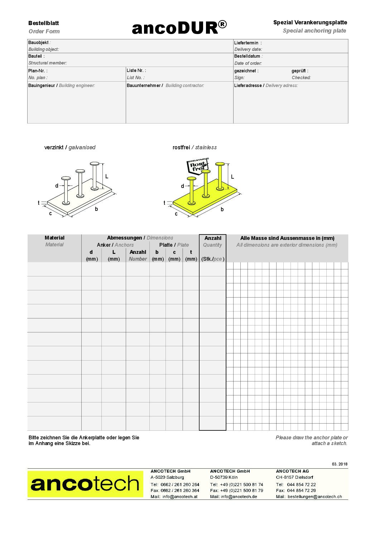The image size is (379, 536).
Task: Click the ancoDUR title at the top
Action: (179, 28)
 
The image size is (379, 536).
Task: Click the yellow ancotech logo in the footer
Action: (85, 484)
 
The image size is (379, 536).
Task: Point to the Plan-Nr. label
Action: (38, 71)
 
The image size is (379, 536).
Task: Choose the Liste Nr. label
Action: (136, 71)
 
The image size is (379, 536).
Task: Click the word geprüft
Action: (299, 71)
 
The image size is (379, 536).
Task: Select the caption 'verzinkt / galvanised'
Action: (70, 148)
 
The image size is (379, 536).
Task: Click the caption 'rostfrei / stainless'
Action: (195, 148)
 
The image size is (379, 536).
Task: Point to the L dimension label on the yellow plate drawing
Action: (232, 177)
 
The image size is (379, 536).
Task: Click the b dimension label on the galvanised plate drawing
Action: (96, 209)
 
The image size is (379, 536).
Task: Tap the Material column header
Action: (54, 238)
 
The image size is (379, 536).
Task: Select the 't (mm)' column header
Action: (191, 255)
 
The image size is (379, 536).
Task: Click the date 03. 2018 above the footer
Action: (339, 464)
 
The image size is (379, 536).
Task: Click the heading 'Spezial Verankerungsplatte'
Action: (310, 23)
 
